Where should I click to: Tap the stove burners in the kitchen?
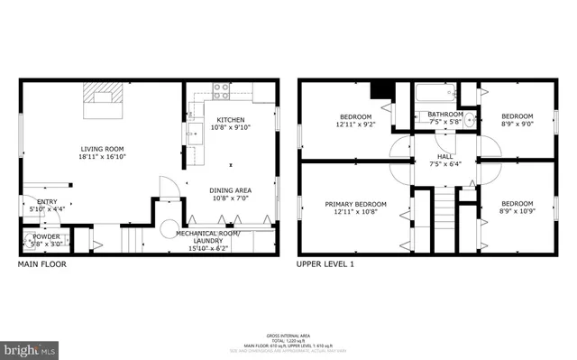click(x=220, y=90)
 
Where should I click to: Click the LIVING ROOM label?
click(x=102, y=149)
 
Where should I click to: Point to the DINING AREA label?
click(x=231, y=190)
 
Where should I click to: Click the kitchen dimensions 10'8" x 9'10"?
click(x=231, y=126)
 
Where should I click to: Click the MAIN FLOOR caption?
click(x=41, y=265)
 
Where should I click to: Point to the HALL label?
click(x=444, y=156)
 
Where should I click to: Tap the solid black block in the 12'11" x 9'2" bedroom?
click(x=380, y=88)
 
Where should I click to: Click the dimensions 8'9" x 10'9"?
click(x=517, y=211)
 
